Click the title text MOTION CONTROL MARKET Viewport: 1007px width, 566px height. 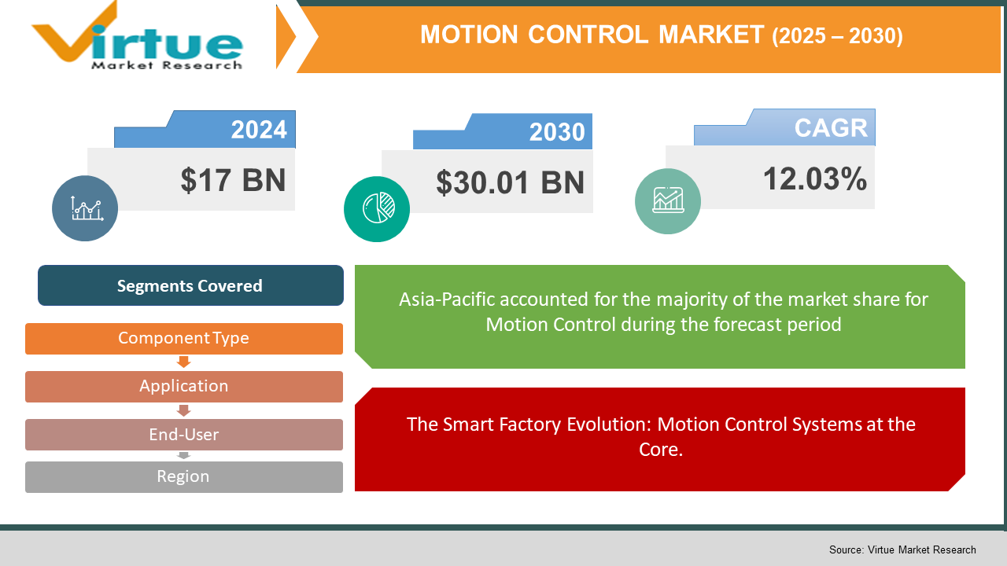tap(592, 35)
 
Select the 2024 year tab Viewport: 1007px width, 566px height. tap(259, 130)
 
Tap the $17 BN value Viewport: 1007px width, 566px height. tap(233, 180)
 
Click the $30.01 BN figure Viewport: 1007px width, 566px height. tap(510, 183)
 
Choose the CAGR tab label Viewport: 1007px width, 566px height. tap(830, 128)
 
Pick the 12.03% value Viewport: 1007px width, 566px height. tap(814, 179)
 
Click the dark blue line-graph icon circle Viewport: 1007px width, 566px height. tap(85, 208)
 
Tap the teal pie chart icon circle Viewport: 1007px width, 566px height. tap(377, 209)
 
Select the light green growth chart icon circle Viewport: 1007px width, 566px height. tap(667, 201)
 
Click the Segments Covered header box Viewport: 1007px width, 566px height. tap(190, 286)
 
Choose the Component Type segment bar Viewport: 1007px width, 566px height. tap(183, 339)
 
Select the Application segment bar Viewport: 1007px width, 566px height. tap(183, 386)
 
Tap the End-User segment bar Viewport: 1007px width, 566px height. tap(183, 435)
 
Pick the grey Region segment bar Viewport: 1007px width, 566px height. tap(183, 476)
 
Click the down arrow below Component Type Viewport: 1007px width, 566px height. tap(184, 362)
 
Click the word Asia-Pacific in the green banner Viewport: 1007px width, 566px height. tap(446, 300)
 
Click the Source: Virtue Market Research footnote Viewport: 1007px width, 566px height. tap(902, 549)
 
